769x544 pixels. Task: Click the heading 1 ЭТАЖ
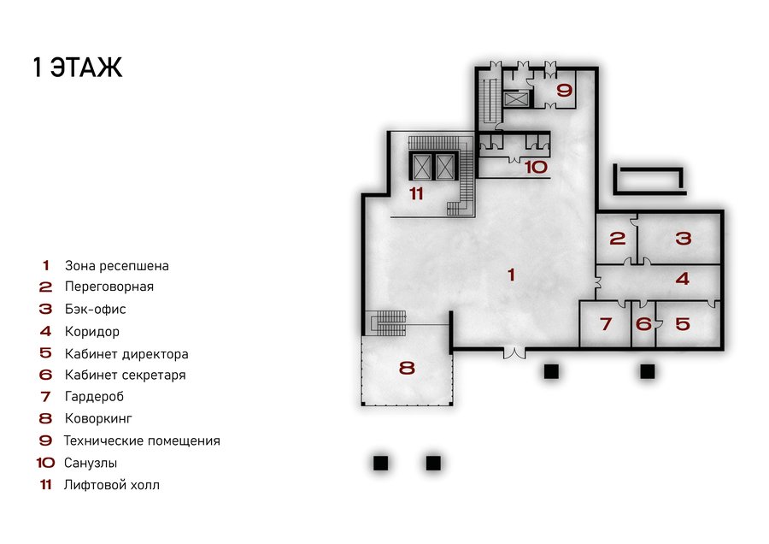(78, 68)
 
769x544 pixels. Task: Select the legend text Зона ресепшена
(117, 266)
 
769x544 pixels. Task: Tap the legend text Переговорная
(109, 287)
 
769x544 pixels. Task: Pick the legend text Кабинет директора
(126, 354)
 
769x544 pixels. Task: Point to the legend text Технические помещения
(142, 441)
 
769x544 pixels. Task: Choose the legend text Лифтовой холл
(112, 485)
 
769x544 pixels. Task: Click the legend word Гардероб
(94, 397)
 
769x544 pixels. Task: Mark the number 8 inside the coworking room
(407, 368)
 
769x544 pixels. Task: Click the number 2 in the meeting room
(618, 239)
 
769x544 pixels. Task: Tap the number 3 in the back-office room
(684, 239)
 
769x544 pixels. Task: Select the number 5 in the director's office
(683, 323)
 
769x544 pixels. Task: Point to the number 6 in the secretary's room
(643, 324)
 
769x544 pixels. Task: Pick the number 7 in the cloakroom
(606, 324)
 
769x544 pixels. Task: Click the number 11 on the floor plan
(416, 194)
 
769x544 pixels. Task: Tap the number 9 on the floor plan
(565, 91)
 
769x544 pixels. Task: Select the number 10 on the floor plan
(536, 167)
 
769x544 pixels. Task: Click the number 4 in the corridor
(683, 279)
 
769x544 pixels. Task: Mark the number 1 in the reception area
(512, 275)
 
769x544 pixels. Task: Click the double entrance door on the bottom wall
(514, 352)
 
